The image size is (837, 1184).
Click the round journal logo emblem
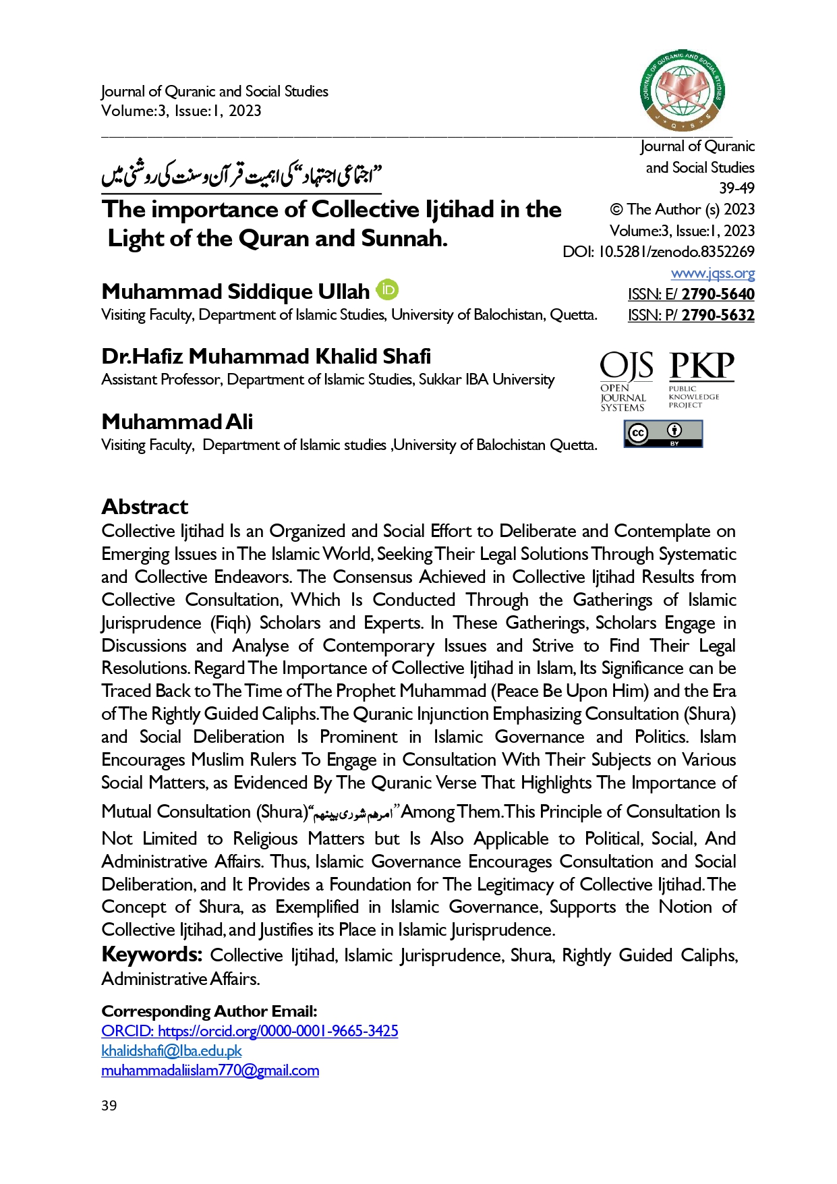click(682, 90)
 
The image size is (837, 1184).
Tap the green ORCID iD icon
click(387, 290)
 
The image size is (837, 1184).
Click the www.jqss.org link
click(712, 273)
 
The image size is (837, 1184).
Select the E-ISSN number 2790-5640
click(718, 294)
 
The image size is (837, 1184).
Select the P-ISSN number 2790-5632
click(718, 315)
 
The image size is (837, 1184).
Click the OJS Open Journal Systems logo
click(626, 381)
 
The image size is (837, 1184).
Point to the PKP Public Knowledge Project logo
click(700, 379)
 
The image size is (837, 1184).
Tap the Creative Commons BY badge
click(663, 434)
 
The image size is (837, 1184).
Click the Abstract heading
click(145, 507)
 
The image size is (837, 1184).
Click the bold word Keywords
click(152, 955)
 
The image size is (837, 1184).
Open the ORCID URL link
click(250, 1031)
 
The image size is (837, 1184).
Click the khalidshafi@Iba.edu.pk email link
click(171, 1050)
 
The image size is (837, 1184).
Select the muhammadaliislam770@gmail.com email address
click(210, 1070)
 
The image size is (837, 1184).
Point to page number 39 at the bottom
click(109, 1105)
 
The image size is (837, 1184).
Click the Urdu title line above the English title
click(241, 177)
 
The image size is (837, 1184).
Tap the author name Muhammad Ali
click(177, 422)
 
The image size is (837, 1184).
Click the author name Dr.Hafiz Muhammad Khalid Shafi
click(266, 356)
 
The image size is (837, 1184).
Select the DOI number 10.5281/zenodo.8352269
click(676, 252)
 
